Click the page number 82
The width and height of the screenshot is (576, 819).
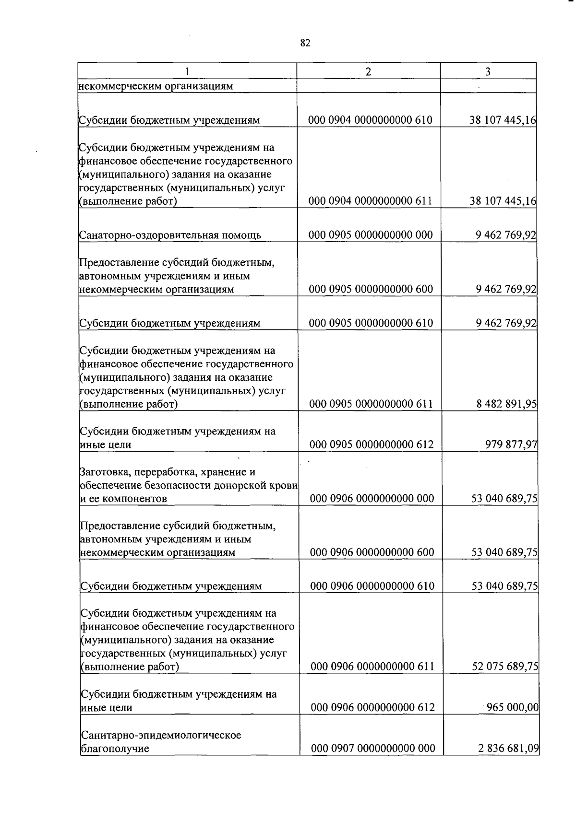[305, 43]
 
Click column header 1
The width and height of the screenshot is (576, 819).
[187, 71]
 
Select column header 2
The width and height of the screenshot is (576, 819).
[368, 71]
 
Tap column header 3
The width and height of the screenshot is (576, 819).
[488, 71]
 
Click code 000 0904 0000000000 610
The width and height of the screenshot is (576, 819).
[371, 120]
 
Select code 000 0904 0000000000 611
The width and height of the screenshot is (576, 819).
[371, 201]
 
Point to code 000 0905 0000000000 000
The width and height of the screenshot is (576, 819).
[371, 235]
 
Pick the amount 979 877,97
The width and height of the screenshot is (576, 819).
[511, 445]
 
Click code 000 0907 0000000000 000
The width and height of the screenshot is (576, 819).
[373, 748]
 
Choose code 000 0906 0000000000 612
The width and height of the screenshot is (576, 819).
[373, 707]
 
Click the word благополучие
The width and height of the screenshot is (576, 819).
[115, 749]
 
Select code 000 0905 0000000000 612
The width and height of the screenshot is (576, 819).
[372, 445]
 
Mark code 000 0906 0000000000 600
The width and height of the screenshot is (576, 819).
[372, 552]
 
